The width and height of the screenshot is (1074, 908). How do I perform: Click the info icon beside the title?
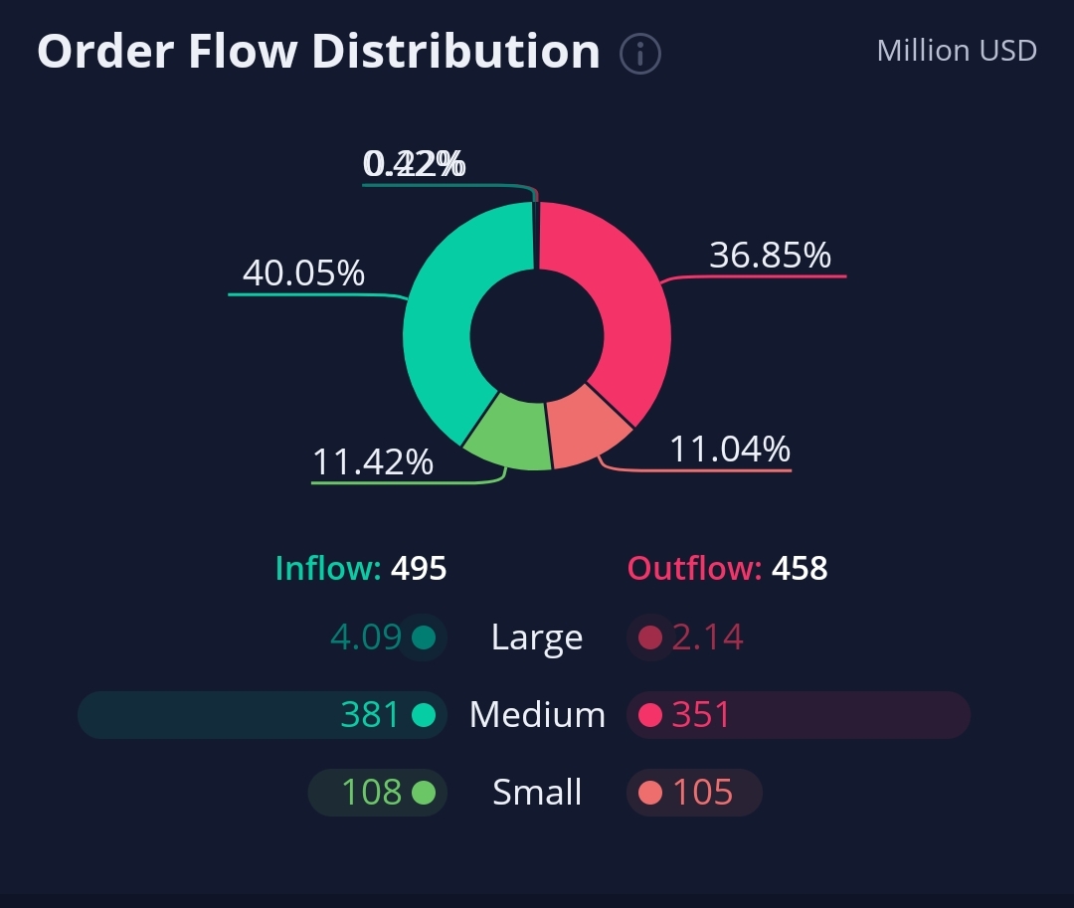[x=640, y=54]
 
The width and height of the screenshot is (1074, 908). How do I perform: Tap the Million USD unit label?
[x=957, y=50]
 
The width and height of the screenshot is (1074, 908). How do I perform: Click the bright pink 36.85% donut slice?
[x=626, y=298]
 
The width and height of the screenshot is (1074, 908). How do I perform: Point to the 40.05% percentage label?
[x=303, y=272]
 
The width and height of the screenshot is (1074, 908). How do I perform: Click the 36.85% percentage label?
[x=770, y=256]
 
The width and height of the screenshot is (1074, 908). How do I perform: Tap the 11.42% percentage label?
[x=373, y=461]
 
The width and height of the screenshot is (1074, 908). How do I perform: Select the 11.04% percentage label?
[x=729, y=450]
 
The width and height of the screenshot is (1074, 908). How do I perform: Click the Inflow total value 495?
[x=419, y=569]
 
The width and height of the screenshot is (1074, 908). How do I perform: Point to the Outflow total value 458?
[x=799, y=569]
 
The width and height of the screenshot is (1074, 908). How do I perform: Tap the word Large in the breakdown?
[x=537, y=637]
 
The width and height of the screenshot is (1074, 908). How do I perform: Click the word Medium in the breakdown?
[x=537, y=715]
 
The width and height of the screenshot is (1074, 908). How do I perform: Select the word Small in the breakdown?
[x=537, y=793]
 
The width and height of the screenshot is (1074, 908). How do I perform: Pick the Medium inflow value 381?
[x=370, y=715]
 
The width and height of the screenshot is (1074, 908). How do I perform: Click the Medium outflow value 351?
[x=701, y=715]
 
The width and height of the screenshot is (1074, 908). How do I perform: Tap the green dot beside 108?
[x=424, y=793]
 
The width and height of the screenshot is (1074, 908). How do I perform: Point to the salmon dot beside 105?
[x=650, y=793]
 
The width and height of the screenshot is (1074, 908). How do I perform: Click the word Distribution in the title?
[x=455, y=52]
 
